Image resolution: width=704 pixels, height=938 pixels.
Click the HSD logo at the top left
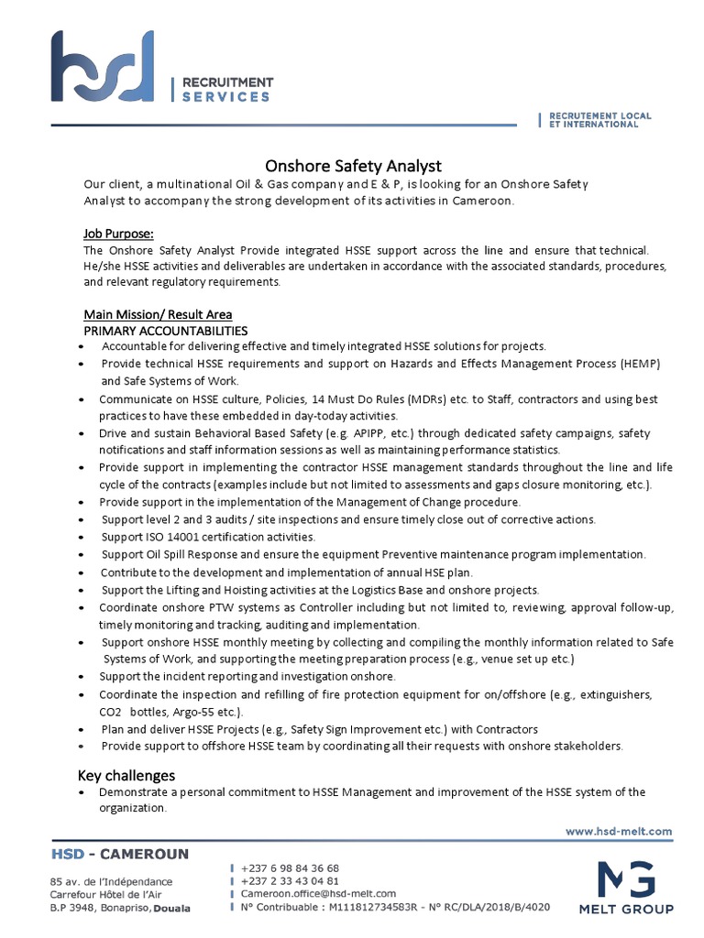[x=103, y=67]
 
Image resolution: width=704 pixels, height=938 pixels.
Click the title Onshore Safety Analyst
[x=353, y=166]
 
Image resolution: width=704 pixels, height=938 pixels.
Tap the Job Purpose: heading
[x=118, y=233]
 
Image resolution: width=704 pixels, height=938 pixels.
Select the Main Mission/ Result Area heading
[x=158, y=314]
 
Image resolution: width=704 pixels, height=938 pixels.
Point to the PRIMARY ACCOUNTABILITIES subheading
[x=165, y=330]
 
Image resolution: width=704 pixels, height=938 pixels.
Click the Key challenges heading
[x=127, y=775]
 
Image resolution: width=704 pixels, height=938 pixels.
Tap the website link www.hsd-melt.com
[x=619, y=832]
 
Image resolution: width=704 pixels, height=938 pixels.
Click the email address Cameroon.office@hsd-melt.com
[x=318, y=893]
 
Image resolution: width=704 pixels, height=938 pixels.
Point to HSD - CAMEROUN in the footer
[x=119, y=855]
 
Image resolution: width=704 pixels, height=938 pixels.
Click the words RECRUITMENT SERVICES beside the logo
[x=226, y=89]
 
